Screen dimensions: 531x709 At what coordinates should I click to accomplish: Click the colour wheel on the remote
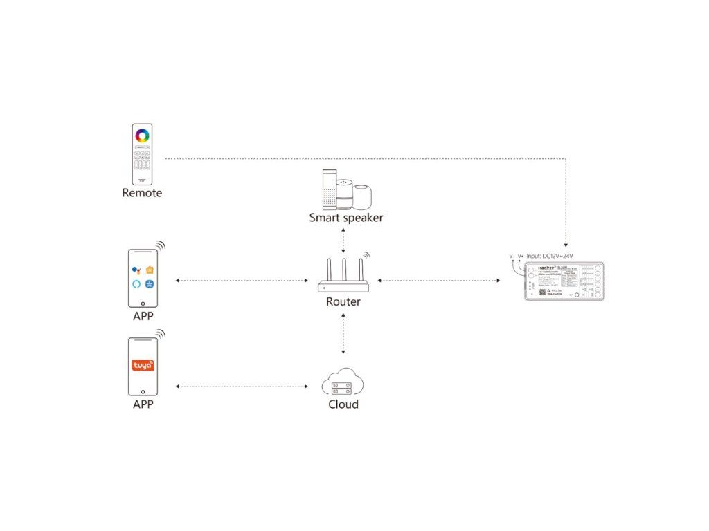tap(142, 135)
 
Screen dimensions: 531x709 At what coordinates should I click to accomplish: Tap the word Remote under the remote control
tap(142, 193)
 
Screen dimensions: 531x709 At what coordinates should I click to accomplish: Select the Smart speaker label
tap(346, 218)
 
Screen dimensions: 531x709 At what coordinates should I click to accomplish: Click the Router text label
tap(343, 301)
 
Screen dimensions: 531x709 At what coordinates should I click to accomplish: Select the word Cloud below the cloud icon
tap(343, 404)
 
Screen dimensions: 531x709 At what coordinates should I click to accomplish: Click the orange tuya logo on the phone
tap(143, 365)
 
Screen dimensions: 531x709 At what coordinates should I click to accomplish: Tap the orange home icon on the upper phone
tap(150, 270)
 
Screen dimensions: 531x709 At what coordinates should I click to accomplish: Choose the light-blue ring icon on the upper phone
tap(136, 284)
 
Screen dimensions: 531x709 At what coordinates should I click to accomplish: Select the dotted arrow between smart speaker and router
tap(343, 241)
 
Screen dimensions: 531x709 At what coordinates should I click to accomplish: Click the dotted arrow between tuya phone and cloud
tap(242, 386)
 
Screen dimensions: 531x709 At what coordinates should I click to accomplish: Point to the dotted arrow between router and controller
tap(440, 281)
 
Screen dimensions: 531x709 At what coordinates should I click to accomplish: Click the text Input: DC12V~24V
tap(550, 256)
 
